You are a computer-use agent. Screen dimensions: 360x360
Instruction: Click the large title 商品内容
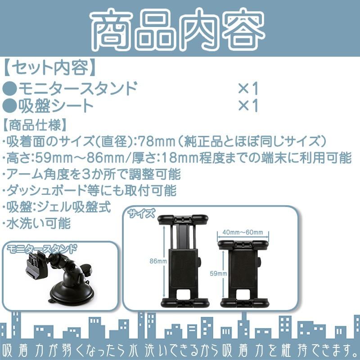click(180, 29)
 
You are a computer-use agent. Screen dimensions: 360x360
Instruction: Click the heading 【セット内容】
click(49, 68)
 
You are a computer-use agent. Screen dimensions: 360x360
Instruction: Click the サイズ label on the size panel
click(142, 212)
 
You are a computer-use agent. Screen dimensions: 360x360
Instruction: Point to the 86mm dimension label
click(158, 261)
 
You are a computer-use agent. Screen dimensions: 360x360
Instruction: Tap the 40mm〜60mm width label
click(243, 232)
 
